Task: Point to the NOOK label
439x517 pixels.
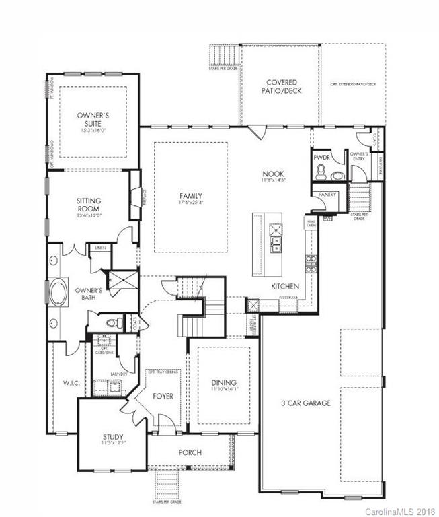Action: pyautogui.click(x=273, y=174)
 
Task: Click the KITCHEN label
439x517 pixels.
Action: pyautogui.click(x=284, y=287)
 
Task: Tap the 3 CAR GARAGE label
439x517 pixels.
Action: pyautogui.click(x=305, y=403)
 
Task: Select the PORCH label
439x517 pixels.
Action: pyautogui.click(x=190, y=452)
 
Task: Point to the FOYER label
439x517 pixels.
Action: pyautogui.click(x=163, y=396)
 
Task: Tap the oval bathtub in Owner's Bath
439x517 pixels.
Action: pyautogui.click(x=56, y=294)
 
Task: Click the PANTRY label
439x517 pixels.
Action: pyautogui.click(x=327, y=194)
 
